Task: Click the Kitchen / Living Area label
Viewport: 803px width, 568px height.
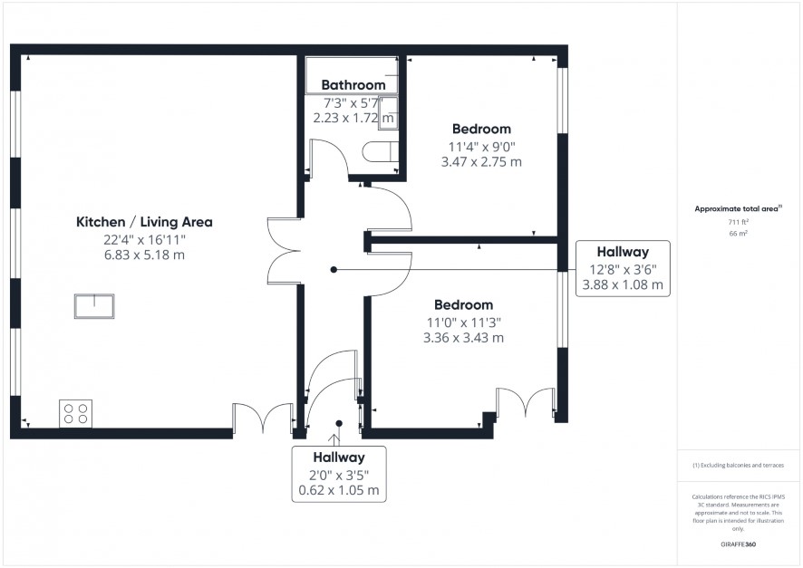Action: coord(144,222)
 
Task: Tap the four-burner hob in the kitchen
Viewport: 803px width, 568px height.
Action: coord(76,413)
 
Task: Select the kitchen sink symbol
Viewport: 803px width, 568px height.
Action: coord(94,306)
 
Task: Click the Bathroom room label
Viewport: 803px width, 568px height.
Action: coord(353,85)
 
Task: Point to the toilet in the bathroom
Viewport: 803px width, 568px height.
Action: coord(380,152)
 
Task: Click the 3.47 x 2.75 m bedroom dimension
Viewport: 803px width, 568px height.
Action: coord(481,162)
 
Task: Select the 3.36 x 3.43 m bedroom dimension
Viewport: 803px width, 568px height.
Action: coord(463,338)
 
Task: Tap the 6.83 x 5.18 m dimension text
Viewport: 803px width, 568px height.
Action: coord(144,255)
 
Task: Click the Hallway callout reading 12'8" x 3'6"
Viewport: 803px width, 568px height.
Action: coord(623,269)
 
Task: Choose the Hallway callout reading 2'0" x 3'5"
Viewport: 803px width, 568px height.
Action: coord(339,474)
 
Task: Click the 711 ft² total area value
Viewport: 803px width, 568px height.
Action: coord(738,222)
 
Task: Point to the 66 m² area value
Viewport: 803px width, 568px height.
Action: coord(738,234)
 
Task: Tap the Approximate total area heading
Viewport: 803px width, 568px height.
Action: coord(738,208)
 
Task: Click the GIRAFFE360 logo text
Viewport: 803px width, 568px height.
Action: coord(738,544)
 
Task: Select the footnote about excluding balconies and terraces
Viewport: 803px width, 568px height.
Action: coord(738,465)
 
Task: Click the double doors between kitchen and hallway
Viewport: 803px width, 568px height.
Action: coord(284,251)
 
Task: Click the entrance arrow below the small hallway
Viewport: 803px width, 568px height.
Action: coord(334,440)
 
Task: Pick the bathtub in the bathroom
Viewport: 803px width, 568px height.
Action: coord(352,74)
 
